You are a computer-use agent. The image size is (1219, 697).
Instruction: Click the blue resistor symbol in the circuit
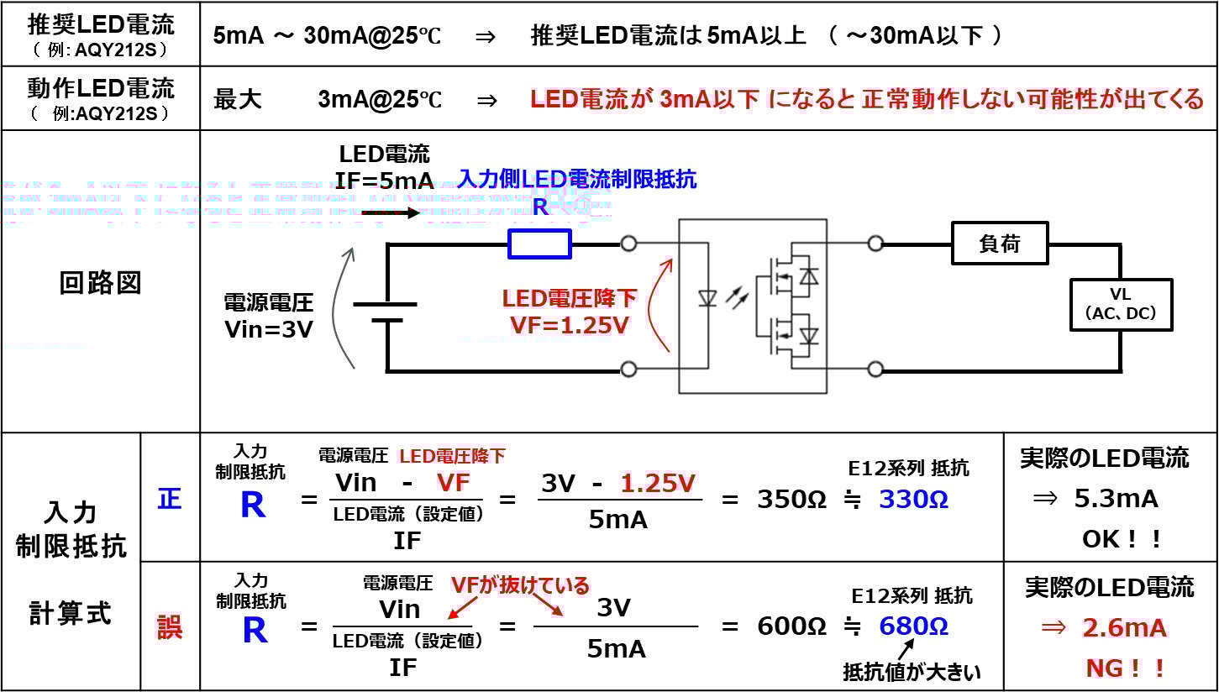click(539, 244)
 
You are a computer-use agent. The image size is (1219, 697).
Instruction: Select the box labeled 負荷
click(1000, 244)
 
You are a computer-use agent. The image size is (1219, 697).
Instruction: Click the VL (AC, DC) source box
click(1121, 304)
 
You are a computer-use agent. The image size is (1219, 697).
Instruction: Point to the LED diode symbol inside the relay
click(707, 298)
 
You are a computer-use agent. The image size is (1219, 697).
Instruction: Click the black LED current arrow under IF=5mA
click(391, 212)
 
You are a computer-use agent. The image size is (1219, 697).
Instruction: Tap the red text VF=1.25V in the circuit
click(569, 325)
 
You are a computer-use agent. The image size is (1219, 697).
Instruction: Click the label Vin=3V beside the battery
click(268, 329)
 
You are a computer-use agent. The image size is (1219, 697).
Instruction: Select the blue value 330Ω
click(913, 500)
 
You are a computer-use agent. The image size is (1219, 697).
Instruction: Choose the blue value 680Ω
click(913, 626)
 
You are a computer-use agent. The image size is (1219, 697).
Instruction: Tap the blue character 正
click(170, 500)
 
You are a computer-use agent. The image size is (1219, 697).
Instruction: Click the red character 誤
click(170, 627)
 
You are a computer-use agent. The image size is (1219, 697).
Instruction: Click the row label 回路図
click(101, 284)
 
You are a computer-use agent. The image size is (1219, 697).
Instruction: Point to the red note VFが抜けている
click(520, 585)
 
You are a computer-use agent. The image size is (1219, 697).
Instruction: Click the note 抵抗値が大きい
click(912, 673)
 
